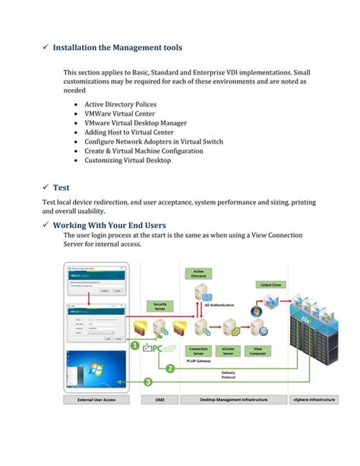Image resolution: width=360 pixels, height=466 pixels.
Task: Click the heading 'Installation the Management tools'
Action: click(117, 47)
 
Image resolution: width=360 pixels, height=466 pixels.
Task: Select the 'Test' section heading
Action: click(62, 185)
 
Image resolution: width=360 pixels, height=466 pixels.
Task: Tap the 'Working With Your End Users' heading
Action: click(109, 225)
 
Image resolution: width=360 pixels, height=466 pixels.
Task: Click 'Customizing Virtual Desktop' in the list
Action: click(128, 160)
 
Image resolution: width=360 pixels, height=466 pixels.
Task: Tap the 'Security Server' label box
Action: click(160, 306)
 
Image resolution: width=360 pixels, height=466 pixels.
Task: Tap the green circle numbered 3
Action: click(149, 382)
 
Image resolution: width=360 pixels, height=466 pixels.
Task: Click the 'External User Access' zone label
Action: click(96, 399)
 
